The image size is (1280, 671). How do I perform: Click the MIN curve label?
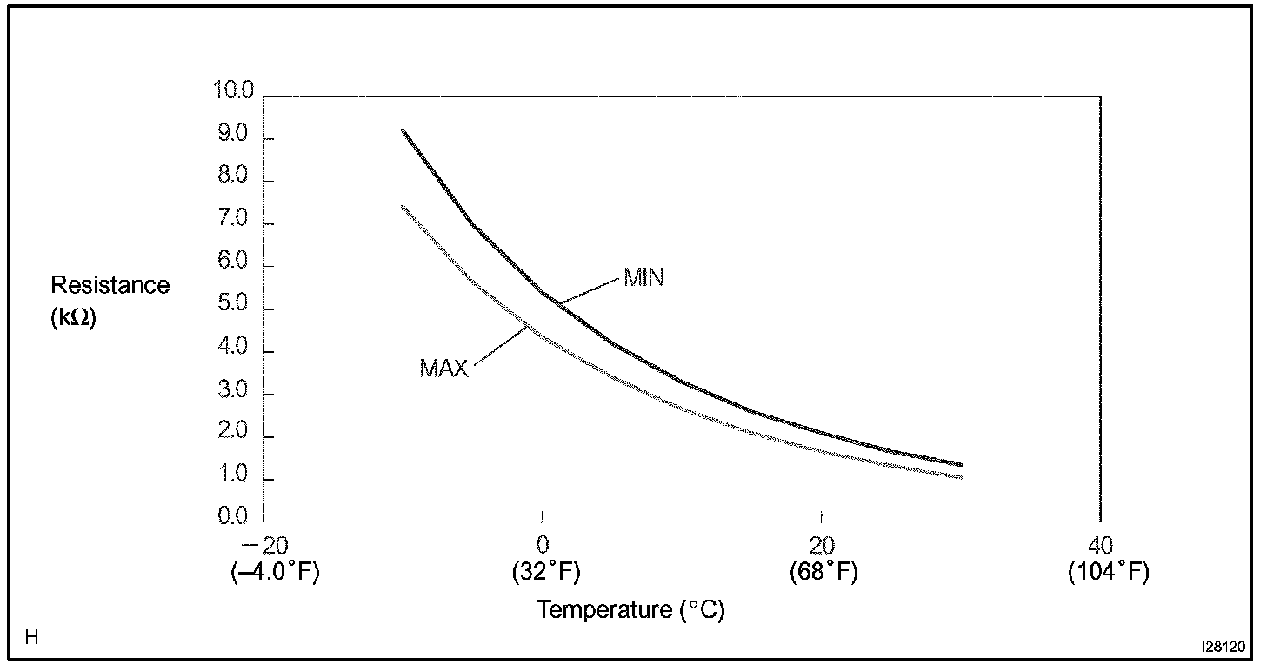tap(643, 278)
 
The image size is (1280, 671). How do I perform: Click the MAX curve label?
tap(443, 369)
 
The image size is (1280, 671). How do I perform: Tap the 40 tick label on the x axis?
tap(1100, 546)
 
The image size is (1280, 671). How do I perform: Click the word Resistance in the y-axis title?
tap(110, 285)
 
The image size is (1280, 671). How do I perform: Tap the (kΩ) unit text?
tap(74, 318)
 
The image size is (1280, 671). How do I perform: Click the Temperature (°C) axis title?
tap(630, 609)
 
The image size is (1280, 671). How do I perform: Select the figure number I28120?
tap(1223, 648)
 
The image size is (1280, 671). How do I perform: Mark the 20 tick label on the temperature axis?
tap(822, 546)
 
